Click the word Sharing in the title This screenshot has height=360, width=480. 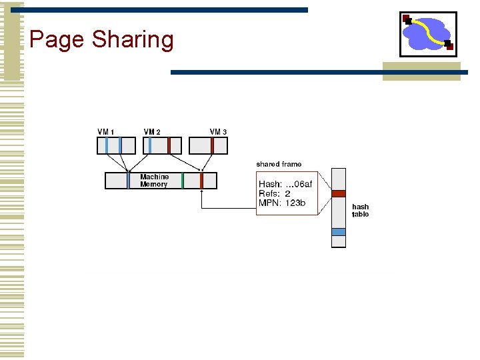[133, 39]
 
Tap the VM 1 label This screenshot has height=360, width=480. [106, 132]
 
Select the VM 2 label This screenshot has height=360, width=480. [152, 132]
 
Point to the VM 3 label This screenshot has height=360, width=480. [218, 132]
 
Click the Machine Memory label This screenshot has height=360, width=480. [154, 181]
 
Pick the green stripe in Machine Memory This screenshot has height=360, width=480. [183, 180]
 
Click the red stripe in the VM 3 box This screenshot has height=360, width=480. [212, 145]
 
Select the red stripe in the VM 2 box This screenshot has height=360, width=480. [169, 145]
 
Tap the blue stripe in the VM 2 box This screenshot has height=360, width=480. [149, 145]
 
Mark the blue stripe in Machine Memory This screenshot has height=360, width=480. [129, 180]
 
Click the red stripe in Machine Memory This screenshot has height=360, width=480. [201, 180]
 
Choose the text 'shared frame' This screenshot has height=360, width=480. [279, 164]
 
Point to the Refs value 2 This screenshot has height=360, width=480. [287, 193]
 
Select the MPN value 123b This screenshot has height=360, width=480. [295, 203]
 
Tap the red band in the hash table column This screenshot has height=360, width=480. [339, 193]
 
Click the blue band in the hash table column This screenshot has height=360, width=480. [339, 231]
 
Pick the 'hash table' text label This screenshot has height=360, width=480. [360, 211]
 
